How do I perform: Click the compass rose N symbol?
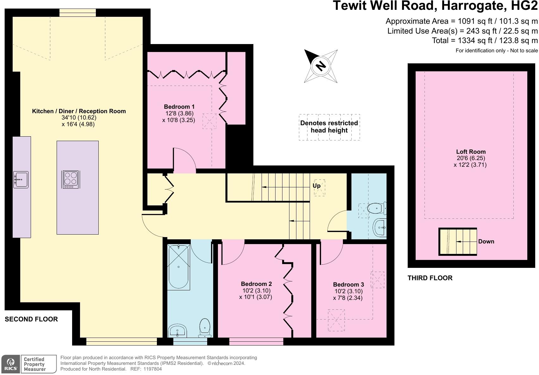click(321, 66)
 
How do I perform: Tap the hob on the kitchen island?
click(71, 179)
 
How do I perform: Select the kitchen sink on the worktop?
click(21, 180)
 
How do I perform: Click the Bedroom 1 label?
click(179, 107)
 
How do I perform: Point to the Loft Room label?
click(471, 152)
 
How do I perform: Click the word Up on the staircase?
click(316, 186)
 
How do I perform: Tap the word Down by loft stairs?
click(486, 242)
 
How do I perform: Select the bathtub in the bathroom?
click(179, 267)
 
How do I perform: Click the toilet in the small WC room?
click(376, 209)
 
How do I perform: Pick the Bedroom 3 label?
click(348, 284)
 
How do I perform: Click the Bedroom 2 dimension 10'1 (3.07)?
click(256, 297)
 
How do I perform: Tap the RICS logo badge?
click(11, 364)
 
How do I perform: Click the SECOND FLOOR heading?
click(31, 319)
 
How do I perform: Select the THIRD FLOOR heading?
click(430, 278)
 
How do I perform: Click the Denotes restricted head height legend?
click(329, 127)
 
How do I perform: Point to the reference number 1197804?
click(152, 369)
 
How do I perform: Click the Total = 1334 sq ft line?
click(485, 41)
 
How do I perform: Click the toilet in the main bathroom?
click(205, 328)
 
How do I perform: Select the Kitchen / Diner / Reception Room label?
click(79, 111)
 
